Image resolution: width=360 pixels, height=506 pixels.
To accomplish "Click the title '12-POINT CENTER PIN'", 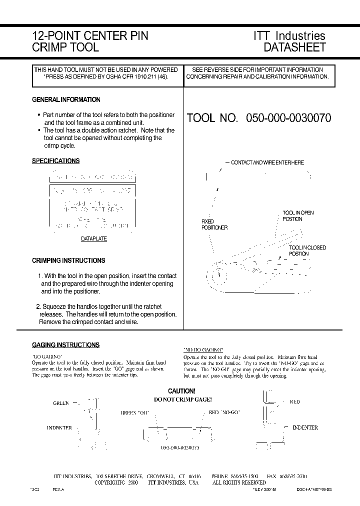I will pyautogui.click(x=90, y=36).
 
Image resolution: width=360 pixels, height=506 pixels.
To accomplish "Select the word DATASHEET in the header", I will pyautogui.click(x=294, y=48).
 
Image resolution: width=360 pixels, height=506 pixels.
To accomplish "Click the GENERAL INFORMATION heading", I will pyautogui.click(x=66, y=100).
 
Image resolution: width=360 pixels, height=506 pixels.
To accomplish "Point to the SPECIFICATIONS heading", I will pyautogui.click(x=55, y=161).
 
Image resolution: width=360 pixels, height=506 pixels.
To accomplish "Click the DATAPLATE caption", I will pyautogui.click(x=94, y=239).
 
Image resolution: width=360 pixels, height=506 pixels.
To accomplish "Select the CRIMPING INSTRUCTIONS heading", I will pyautogui.click(x=68, y=260).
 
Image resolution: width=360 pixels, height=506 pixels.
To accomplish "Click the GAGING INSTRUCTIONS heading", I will pyautogui.click(x=65, y=345).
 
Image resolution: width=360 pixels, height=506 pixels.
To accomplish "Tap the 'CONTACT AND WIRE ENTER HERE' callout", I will pyautogui.click(x=267, y=163).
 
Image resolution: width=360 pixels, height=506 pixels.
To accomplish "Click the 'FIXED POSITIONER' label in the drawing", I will pyautogui.click(x=214, y=224).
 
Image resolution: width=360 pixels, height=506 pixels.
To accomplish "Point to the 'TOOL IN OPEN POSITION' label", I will pyautogui.click(x=298, y=216).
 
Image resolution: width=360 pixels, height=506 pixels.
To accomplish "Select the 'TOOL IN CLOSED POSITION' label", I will pyautogui.click(x=307, y=250).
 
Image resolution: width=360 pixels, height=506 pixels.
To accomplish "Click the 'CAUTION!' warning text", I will pyautogui.click(x=181, y=391).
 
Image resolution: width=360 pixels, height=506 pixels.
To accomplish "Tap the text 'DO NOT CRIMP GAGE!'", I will pyautogui.click(x=182, y=399).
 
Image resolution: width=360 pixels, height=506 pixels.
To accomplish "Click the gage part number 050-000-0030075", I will pyautogui.click(x=180, y=448).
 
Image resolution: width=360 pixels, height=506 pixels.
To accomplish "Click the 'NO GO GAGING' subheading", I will pyautogui.click(x=203, y=349).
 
